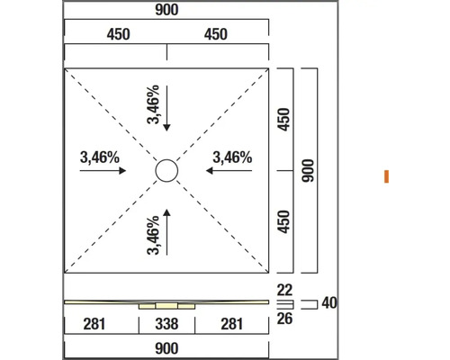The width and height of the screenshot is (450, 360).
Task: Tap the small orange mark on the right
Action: coord(386,176)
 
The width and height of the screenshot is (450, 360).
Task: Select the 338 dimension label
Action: coord(166,324)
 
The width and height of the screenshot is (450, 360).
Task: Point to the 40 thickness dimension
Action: coord(329,303)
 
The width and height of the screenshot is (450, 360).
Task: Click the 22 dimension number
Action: coord(284,290)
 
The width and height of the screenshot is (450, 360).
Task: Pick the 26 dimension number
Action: coord(284,319)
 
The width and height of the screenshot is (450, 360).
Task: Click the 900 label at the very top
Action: coord(166,10)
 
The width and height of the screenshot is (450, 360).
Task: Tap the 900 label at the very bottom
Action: coord(166,348)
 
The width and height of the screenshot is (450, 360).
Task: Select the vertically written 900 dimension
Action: coord(308,170)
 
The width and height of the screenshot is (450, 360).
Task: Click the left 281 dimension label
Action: coord(94,324)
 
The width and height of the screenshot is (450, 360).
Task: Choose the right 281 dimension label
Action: coord(231,324)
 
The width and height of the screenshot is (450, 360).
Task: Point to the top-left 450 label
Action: coord(118,34)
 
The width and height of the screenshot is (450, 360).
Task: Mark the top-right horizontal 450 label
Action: coord(216,34)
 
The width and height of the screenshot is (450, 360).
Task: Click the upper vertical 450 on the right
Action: coord(283,120)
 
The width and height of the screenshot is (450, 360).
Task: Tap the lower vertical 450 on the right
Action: coord(283,221)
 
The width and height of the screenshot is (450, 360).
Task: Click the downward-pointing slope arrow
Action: coord(166,108)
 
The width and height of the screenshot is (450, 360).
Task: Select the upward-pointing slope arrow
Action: coord(166,232)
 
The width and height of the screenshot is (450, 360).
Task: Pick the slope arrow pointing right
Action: coord(103,171)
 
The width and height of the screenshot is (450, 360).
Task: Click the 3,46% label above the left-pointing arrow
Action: coord(232,157)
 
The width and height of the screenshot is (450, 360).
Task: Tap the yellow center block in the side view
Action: coord(166,306)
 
